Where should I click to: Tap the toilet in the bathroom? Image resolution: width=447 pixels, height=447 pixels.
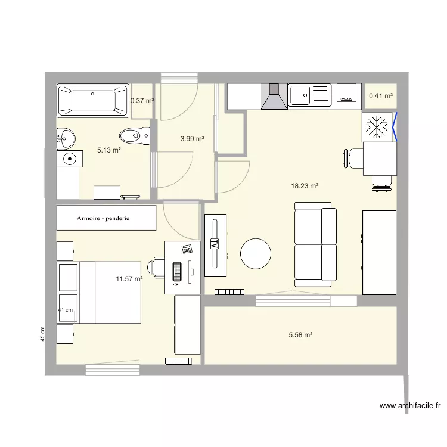(x=135, y=136)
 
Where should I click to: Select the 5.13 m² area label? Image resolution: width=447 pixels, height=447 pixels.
(x=109, y=151)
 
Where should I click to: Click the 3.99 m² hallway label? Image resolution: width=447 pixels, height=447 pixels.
(x=193, y=139)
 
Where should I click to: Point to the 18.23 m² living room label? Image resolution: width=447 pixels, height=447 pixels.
(x=305, y=186)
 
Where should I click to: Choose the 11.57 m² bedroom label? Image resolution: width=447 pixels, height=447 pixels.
(x=129, y=278)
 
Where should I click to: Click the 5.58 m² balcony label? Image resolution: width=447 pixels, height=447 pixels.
(x=300, y=336)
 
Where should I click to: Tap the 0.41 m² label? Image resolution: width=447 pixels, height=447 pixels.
(x=381, y=95)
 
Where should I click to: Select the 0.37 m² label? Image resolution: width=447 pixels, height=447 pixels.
(x=142, y=101)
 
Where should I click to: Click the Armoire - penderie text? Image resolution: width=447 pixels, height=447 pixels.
(x=107, y=218)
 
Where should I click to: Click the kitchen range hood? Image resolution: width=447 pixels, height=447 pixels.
(x=274, y=97)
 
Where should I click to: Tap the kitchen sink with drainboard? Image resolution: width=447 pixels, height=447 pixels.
(x=309, y=95)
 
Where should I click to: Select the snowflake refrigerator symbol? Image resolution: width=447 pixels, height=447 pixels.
(x=377, y=127)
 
